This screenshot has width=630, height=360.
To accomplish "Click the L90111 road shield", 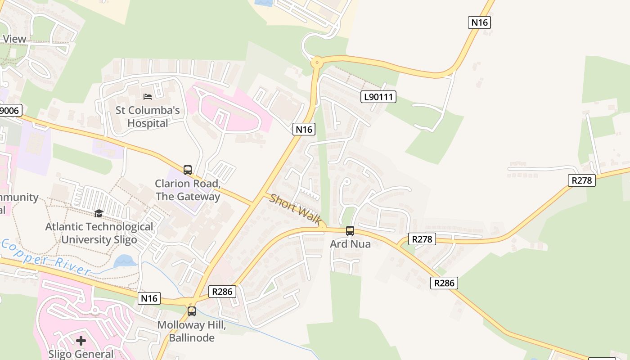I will coord(378,96).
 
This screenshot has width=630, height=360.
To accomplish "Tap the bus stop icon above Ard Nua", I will coord(350,231).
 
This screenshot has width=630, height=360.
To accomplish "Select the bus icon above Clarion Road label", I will coord(188,170).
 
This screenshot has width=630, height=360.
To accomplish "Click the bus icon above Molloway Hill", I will coord(192,311).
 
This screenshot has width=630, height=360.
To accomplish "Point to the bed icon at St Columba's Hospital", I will coord(148,96).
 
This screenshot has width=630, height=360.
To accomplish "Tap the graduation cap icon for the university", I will coord(99,213).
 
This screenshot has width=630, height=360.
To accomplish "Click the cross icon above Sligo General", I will coord(81,341).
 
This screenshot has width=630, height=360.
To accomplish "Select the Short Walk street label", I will coord(295,209).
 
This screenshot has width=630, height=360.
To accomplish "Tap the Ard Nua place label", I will coord(350,244).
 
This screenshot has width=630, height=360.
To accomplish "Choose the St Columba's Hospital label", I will coord(148,117).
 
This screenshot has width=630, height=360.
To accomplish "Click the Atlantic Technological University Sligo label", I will coord(99,233).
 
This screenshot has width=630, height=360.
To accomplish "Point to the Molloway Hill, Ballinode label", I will coord(192,332).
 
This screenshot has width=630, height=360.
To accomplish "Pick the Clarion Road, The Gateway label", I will coord(188,190).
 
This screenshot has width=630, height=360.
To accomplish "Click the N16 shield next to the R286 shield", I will coord(149,298).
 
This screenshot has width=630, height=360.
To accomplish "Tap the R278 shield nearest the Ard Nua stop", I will coord(422,239).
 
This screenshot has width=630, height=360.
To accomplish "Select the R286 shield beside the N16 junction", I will coord(222,292).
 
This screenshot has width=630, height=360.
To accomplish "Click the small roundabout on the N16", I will coord(317,62).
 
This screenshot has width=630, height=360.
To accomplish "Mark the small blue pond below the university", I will coord(125,261).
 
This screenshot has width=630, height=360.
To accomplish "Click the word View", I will coord(14,39).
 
